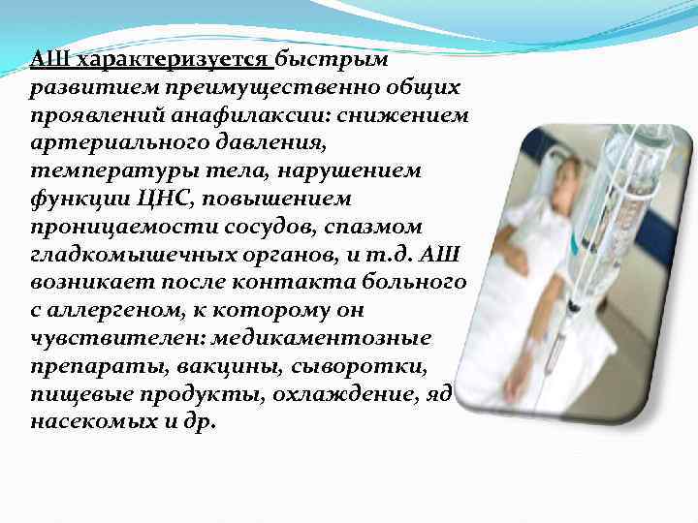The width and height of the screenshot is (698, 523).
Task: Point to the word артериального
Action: click(109, 143)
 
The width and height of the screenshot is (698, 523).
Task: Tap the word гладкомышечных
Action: click(118, 254)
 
